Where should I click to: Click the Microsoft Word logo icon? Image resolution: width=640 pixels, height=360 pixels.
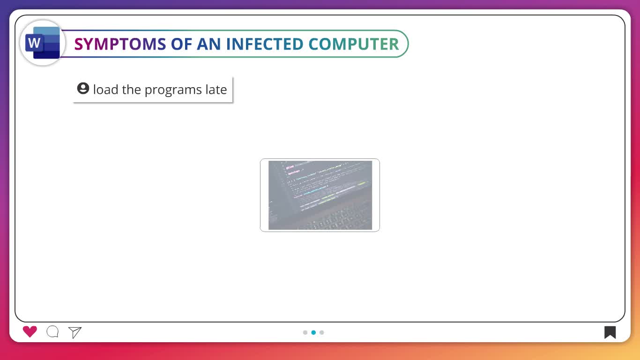[43, 43]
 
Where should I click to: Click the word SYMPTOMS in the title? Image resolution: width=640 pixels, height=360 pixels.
[120, 44]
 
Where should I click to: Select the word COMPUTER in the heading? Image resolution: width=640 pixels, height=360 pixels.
[354, 44]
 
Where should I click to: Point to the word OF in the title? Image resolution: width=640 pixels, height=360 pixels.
[181, 44]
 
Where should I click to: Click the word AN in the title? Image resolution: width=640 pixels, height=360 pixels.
[209, 44]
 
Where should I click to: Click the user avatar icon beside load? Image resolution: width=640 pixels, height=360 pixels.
[83, 88]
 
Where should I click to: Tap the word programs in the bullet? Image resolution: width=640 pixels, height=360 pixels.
[173, 90]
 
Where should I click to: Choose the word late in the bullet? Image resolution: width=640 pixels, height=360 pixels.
[216, 90]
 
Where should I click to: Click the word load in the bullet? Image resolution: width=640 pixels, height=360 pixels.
[106, 90]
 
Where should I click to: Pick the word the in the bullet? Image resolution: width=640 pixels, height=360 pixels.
[132, 90]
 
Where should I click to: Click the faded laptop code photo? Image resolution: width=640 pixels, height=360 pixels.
[320, 195]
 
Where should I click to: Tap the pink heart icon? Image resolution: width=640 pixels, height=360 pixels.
[30, 332]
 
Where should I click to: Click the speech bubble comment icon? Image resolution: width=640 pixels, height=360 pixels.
[52, 332]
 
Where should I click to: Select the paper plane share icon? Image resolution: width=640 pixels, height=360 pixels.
[75, 332]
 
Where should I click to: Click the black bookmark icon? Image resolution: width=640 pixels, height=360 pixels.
[610, 332]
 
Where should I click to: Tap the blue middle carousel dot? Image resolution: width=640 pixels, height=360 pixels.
[313, 332]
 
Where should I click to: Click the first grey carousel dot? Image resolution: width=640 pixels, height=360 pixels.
[305, 332]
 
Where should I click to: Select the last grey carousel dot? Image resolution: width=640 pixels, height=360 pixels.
[322, 332]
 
